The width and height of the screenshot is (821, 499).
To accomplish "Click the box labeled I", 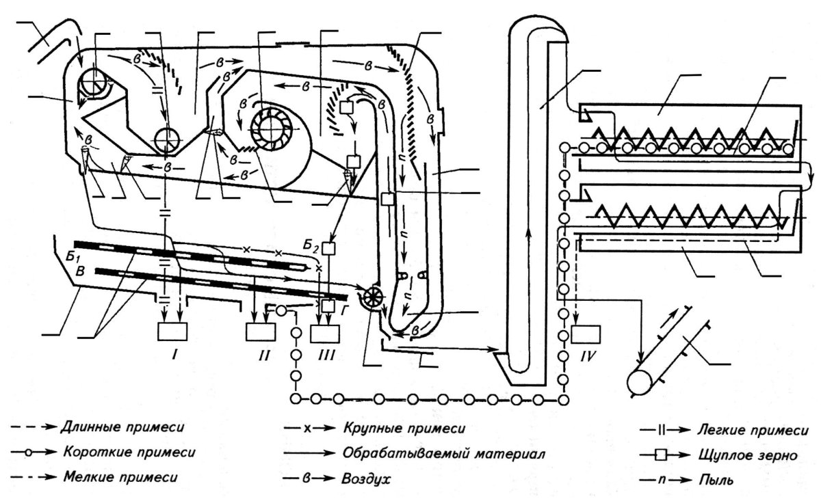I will coord(172,332).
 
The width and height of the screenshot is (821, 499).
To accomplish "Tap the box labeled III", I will coord(325,333).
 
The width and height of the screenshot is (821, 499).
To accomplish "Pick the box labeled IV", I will coord(586,334).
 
